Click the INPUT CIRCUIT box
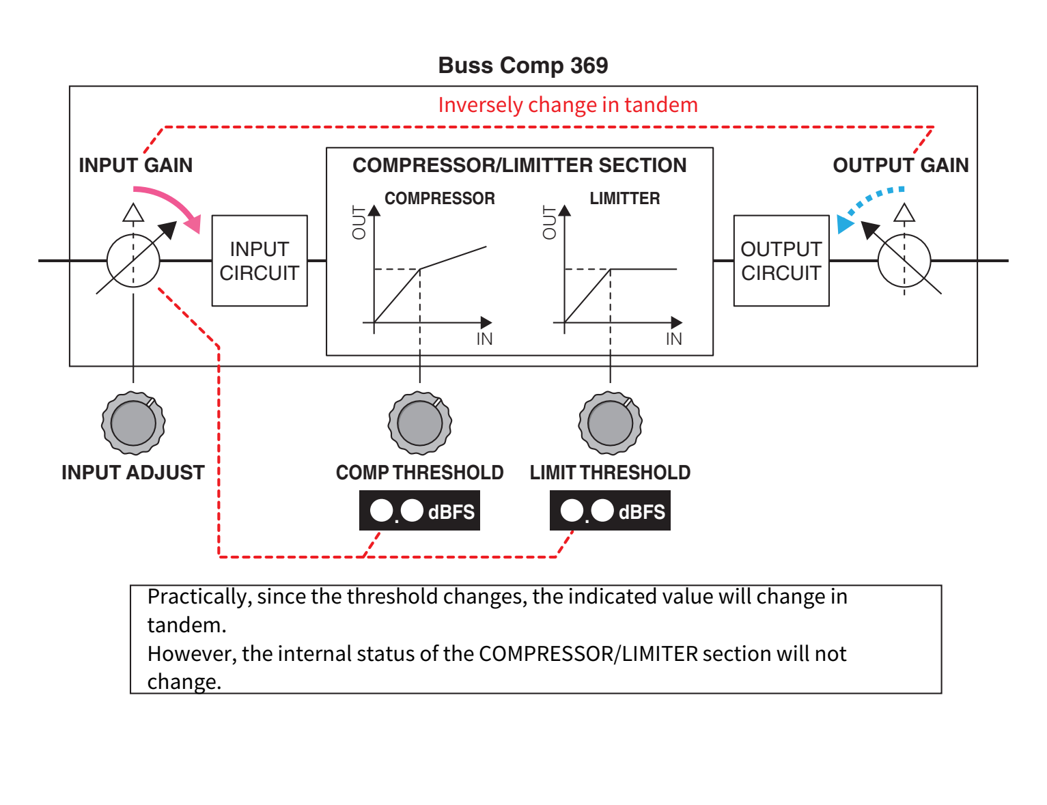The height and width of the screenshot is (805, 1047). pyautogui.click(x=260, y=261)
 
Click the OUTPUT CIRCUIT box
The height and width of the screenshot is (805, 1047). pyautogui.click(x=781, y=261)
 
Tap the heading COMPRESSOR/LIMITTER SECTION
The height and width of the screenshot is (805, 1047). pyautogui.click(x=519, y=165)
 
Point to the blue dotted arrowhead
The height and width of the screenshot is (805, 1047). pyautogui.click(x=845, y=224)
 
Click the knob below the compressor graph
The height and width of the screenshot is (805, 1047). pyautogui.click(x=419, y=423)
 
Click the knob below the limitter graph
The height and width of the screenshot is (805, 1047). pyautogui.click(x=610, y=423)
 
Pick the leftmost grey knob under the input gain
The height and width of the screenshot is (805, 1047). pyautogui.click(x=133, y=423)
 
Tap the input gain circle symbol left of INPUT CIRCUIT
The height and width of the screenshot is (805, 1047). pyautogui.click(x=133, y=261)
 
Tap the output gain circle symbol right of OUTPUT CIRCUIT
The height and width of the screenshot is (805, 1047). pyautogui.click(x=904, y=261)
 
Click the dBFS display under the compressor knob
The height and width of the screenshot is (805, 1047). pyautogui.click(x=419, y=511)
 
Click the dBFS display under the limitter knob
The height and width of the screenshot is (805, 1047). pyautogui.click(x=610, y=511)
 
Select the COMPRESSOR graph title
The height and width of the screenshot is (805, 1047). pyautogui.click(x=439, y=199)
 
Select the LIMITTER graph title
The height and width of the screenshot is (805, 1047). pyautogui.click(x=624, y=199)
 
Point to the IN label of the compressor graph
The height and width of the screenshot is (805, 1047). pyautogui.click(x=484, y=339)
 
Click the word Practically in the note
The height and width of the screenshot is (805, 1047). pyautogui.click(x=196, y=597)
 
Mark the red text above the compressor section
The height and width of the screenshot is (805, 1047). pyautogui.click(x=568, y=105)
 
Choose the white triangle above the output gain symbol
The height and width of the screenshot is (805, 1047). pyautogui.click(x=904, y=214)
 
